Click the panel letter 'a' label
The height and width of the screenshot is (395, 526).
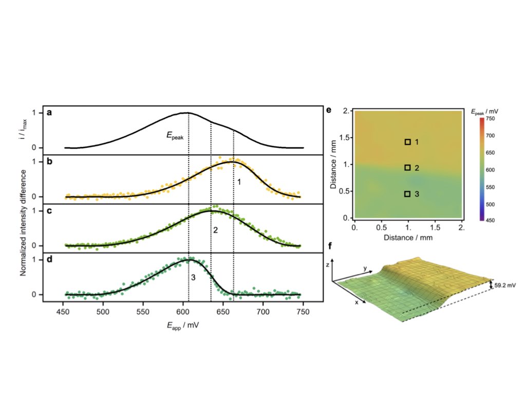50,113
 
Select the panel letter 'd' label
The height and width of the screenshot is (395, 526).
50,259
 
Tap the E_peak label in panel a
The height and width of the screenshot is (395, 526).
175,135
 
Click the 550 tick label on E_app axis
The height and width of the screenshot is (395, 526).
143,312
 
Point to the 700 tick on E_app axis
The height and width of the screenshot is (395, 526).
263,312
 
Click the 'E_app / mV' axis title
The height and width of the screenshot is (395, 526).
183,326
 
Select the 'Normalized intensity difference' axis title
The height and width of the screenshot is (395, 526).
23,223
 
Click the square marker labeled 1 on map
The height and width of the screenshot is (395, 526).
407,142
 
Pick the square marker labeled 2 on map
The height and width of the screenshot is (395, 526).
407,168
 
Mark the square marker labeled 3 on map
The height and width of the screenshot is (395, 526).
407,194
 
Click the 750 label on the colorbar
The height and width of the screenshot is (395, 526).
490,119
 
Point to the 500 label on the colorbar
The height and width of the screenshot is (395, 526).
490,204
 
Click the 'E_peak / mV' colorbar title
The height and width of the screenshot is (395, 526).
485,112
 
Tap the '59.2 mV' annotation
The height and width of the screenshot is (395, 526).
505,285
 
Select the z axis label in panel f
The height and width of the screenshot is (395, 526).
327,265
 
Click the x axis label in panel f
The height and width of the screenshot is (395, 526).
356,302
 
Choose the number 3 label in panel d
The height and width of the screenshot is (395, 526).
193,277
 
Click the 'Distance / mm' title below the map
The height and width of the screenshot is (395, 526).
408,238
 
